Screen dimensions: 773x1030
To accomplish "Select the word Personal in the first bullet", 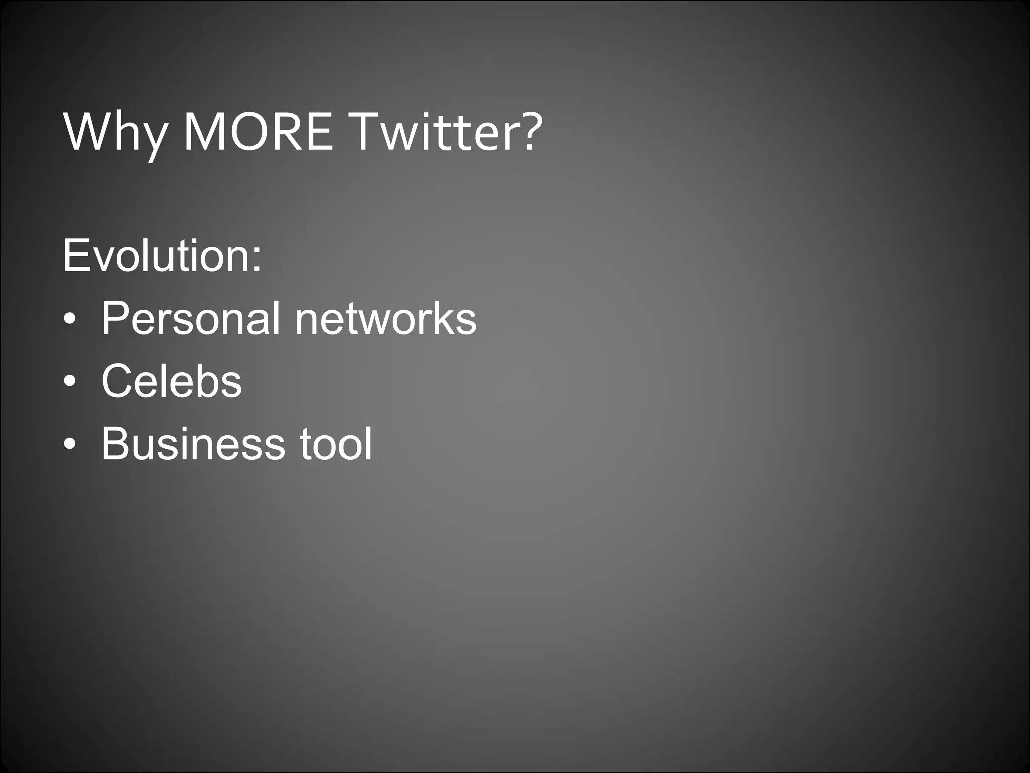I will [191, 318].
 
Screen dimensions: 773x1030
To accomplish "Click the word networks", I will [385, 318].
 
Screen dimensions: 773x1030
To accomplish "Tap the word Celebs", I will [171, 381].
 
